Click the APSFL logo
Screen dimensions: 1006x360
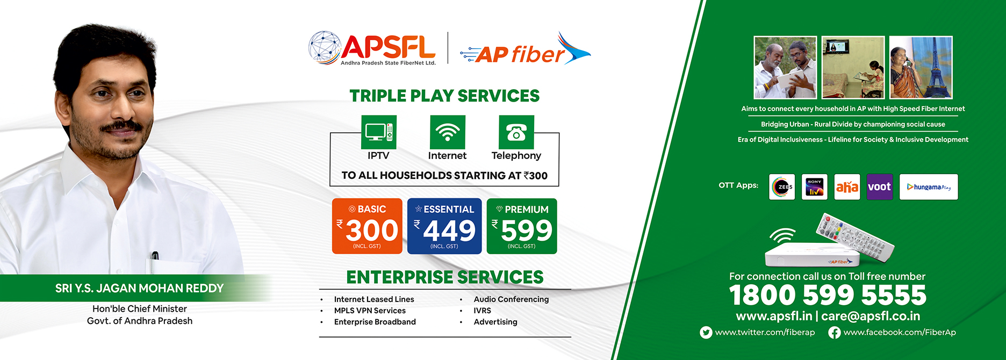(x=372, y=48)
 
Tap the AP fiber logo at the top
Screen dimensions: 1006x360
(x=525, y=49)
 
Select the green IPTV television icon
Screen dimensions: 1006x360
(x=379, y=132)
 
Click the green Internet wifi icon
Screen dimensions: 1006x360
(x=448, y=132)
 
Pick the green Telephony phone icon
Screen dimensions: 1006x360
(x=516, y=132)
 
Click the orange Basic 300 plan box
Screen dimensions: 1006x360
(x=367, y=226)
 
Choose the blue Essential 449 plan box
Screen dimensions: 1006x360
(x=444, y=226)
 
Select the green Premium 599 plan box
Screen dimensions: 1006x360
(x=522, y=226)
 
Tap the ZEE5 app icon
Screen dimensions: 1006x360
(x=782, y=187)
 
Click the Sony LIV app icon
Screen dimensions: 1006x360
(x=815, y=187)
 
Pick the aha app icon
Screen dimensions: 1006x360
(x=847, y=187)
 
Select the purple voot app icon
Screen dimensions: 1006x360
(x=880, y=187)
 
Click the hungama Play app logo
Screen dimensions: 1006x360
(x=929, y=187)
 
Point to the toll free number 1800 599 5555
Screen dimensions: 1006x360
(x=828, y=295)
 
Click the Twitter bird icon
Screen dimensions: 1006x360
(x=706, y=333)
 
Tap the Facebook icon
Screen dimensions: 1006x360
(x=835, y=333)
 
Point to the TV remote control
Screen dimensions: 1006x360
(x=854, y=236)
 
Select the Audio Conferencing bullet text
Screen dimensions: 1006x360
(x=511, y=299)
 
